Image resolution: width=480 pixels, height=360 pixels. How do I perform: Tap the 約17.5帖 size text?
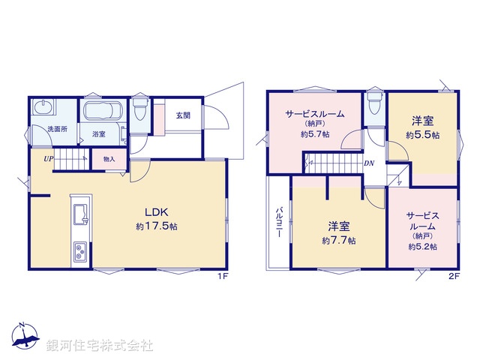[x=157, y=226]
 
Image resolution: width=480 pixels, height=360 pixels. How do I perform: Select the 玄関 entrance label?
[x=183, y=115]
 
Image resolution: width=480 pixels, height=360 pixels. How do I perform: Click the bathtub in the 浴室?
[x=100, y=112]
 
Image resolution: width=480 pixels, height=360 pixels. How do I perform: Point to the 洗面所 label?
[x=58, y=130]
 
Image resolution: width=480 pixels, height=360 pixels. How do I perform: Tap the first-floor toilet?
[x=139, y=111]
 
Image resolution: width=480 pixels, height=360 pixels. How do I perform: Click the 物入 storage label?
[x=109, y=159]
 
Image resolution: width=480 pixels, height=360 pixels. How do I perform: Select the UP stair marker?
[x=48, y=159]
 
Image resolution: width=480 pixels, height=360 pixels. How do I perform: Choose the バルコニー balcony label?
[x=277, y=222]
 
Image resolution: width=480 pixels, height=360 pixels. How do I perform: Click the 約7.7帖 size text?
[x=339, y=241]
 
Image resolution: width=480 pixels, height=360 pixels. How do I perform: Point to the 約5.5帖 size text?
[x=422, y=135]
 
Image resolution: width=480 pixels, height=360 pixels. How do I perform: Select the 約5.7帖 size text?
[x=313, y=135]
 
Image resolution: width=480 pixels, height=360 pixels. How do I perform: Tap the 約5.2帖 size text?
[x=423, y=246]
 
